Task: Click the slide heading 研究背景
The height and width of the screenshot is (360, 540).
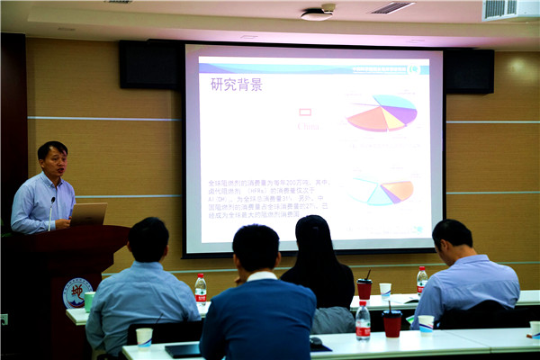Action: click(237, 85)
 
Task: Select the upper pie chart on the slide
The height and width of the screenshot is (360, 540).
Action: click(382, 113)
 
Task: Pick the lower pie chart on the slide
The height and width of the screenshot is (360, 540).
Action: click(380, 190)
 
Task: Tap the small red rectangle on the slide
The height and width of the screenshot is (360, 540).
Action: click(305, 112)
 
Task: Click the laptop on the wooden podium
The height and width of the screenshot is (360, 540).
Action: click(88, 213)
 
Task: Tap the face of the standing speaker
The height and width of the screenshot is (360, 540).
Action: click(53, 162)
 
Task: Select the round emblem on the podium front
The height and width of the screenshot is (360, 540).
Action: click(76, 292)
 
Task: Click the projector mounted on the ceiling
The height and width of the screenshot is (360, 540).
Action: click(317, 13)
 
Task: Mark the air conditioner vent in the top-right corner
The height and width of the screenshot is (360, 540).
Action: click(509, 10)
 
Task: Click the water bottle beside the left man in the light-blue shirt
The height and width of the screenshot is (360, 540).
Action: click(201, 288)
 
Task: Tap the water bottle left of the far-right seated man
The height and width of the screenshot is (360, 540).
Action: click(421, 279)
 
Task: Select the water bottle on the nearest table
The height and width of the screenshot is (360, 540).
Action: click(363, 320)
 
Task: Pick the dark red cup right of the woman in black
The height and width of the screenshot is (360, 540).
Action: click(364, 288)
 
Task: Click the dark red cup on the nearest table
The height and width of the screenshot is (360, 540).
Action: click(391, 323)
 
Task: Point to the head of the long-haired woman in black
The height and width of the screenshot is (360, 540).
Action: click(316, 240)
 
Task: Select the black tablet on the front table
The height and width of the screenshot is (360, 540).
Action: click(183, 350)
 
